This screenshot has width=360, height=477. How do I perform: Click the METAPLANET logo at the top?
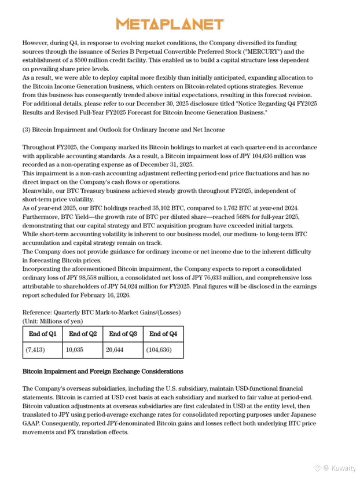[169, 24]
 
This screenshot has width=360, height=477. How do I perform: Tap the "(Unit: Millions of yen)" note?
[52, 321]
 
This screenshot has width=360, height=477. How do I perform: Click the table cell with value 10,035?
[75, 350]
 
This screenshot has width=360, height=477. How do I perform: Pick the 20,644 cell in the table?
[116, 350]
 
